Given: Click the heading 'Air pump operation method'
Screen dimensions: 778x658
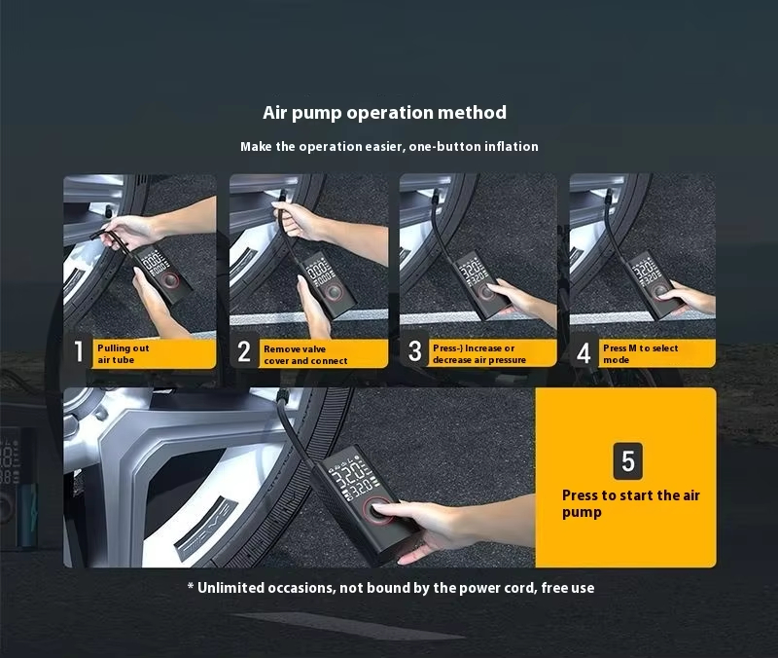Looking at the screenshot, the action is click(384, 113).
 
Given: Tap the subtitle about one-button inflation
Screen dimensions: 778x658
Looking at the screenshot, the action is click(389, 147).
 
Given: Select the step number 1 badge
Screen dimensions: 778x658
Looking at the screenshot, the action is click(79, 351).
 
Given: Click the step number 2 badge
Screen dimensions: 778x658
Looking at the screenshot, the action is click(244, 351).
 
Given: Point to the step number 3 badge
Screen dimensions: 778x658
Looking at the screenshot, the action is click(414, 350).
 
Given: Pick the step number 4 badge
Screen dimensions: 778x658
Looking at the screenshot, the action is click(584, 352).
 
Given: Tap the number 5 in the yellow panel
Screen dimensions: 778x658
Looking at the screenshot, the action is click(627, 460).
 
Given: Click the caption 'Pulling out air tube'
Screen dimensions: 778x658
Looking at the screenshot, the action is click(124, 353).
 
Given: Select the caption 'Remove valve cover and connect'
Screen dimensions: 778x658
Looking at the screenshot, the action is click(305, 354).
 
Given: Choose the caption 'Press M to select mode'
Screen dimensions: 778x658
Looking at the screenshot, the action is click(641, 353).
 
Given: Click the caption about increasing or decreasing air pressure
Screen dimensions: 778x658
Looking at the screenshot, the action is click(479, 353).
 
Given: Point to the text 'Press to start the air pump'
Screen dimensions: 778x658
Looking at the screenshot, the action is click(630, 503).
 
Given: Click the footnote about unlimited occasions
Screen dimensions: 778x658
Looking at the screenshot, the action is click(391, 588).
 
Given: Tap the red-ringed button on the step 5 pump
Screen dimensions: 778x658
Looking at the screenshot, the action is click(378, 510).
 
